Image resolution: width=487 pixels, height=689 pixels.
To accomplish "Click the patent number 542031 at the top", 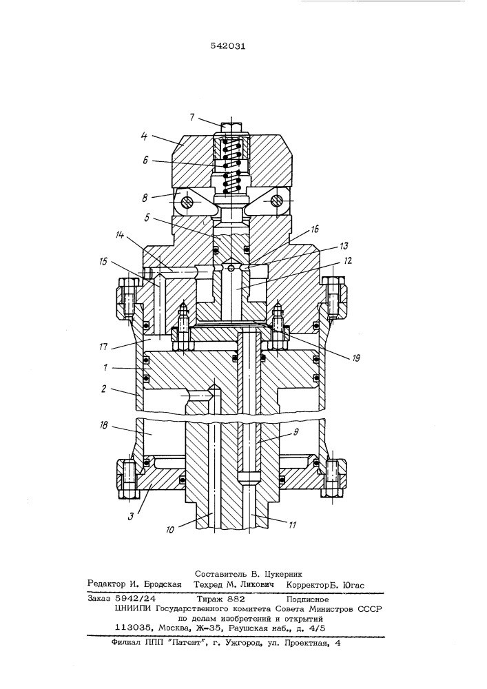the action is pyautogui.click(x=227, y=45).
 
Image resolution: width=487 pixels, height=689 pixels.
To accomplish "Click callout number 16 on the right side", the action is pyautogui.click(x=314, y=229).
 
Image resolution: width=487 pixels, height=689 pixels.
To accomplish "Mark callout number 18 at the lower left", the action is pyautogui.click(x=105, y=425).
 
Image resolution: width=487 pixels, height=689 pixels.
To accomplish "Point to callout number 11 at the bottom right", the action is pyautogui.click(x=293, y=524).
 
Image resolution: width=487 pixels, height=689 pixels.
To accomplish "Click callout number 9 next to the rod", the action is pyautogui.click(x=296, y=432).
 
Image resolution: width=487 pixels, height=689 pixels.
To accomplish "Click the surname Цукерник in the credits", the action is pyautogui.click(x=283, y=574).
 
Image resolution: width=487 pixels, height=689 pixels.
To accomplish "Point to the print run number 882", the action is pyautogui.click(x=236, y=599).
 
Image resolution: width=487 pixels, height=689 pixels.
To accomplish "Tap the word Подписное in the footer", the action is pyautogui.click(x=307, y=599).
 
